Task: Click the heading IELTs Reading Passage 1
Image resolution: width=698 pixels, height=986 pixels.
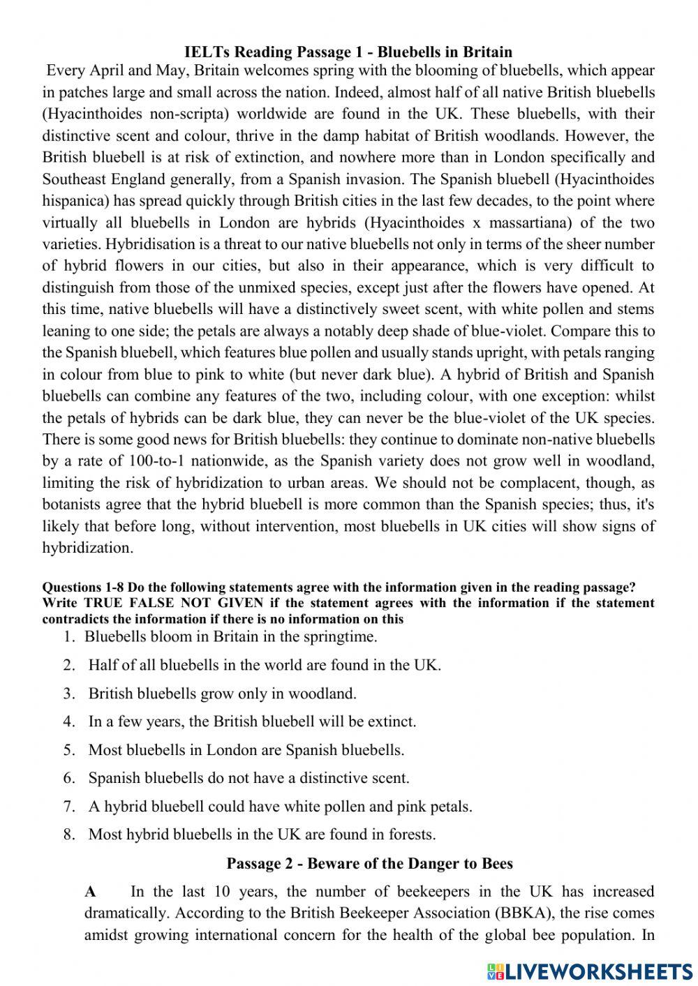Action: tap(348, 52)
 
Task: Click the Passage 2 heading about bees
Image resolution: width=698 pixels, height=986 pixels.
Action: tap(369, 863)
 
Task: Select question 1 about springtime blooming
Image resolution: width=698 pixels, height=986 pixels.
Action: tap(230, 636)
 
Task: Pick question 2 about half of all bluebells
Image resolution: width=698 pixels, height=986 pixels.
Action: tap(265, 665)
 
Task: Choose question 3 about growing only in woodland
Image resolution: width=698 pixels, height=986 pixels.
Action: tap(222, 694)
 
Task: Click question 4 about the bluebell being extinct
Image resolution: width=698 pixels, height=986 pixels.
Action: tap(252, 722)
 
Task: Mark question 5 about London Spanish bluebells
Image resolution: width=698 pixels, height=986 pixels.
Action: tap(246, 750)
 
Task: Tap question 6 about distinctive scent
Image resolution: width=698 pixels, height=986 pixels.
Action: tap(248, 778)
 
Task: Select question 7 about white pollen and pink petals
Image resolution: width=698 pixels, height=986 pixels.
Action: tap(280, 807)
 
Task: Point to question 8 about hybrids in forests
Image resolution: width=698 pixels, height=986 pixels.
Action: tap(262, 835)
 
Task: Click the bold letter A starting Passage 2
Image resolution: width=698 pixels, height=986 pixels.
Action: tap(90, 892)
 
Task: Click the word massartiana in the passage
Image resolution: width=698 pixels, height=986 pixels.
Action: tap(549, 223)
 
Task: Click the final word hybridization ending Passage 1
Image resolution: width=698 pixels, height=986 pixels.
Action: tap(87, 548)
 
